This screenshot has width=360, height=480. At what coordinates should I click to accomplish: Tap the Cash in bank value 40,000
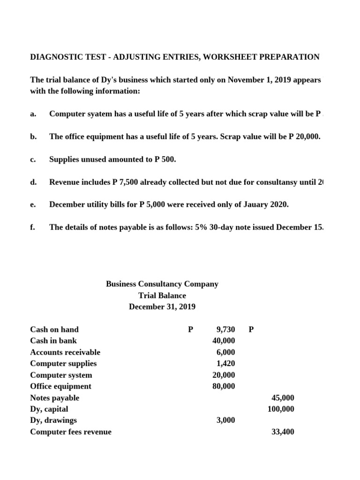[224, 341]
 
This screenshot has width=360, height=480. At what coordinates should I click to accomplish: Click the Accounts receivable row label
[65, 352]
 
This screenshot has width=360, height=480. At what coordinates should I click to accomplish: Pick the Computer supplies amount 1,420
[225, 364]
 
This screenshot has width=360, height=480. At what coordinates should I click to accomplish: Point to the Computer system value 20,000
[224, 375]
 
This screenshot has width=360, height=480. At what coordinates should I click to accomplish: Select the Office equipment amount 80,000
[224, 386]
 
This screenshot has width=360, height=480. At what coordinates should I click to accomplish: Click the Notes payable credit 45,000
[283, 398]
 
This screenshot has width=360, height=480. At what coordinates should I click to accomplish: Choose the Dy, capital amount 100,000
[281, 409]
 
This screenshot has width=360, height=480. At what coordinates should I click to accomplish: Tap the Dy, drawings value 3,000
[225, 420]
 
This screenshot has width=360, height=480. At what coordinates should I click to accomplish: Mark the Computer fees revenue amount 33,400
[283, 432]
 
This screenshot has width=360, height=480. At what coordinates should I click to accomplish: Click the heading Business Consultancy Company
[162, 284]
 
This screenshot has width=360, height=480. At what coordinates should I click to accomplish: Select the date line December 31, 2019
[162, 307]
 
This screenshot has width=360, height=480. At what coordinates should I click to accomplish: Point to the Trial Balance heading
[162, 296]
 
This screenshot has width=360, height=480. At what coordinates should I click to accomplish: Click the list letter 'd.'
[33, 182]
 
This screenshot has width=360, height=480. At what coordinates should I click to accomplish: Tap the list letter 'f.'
[32, 227]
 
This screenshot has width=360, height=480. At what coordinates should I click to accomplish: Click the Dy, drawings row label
[53, 420]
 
